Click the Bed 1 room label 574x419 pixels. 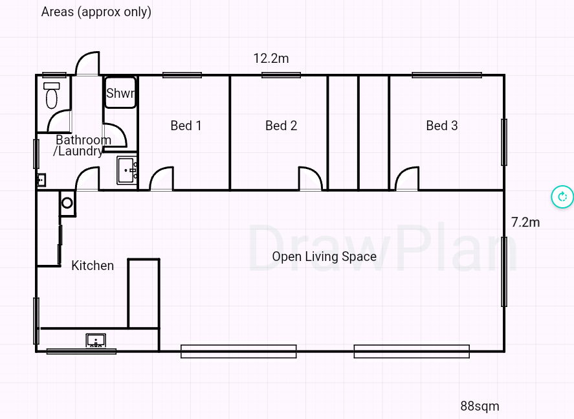click(x=186, y=126)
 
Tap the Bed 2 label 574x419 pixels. click(x=281, y=126)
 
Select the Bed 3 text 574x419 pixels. click(x=442, y=126)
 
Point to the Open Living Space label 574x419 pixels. click(x=324, y=256)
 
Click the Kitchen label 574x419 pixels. click(x=93, y=266)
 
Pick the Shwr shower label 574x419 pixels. click(x=120, y=93)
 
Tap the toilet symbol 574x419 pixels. click(x=52, y=96)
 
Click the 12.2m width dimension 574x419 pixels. click(x=271, y=58)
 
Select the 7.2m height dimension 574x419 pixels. click(x=525, y=222)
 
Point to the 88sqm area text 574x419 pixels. click(x=480, y=406)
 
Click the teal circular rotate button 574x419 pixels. click(x=562, y=197)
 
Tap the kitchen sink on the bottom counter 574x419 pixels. click(x=96, y=340)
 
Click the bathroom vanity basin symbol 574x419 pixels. click(x=127, y=170)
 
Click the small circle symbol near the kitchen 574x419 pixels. click(x=67, y=203)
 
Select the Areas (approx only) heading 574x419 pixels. click(x=96, y=12)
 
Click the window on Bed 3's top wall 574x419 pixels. click(x=447, y=75)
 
